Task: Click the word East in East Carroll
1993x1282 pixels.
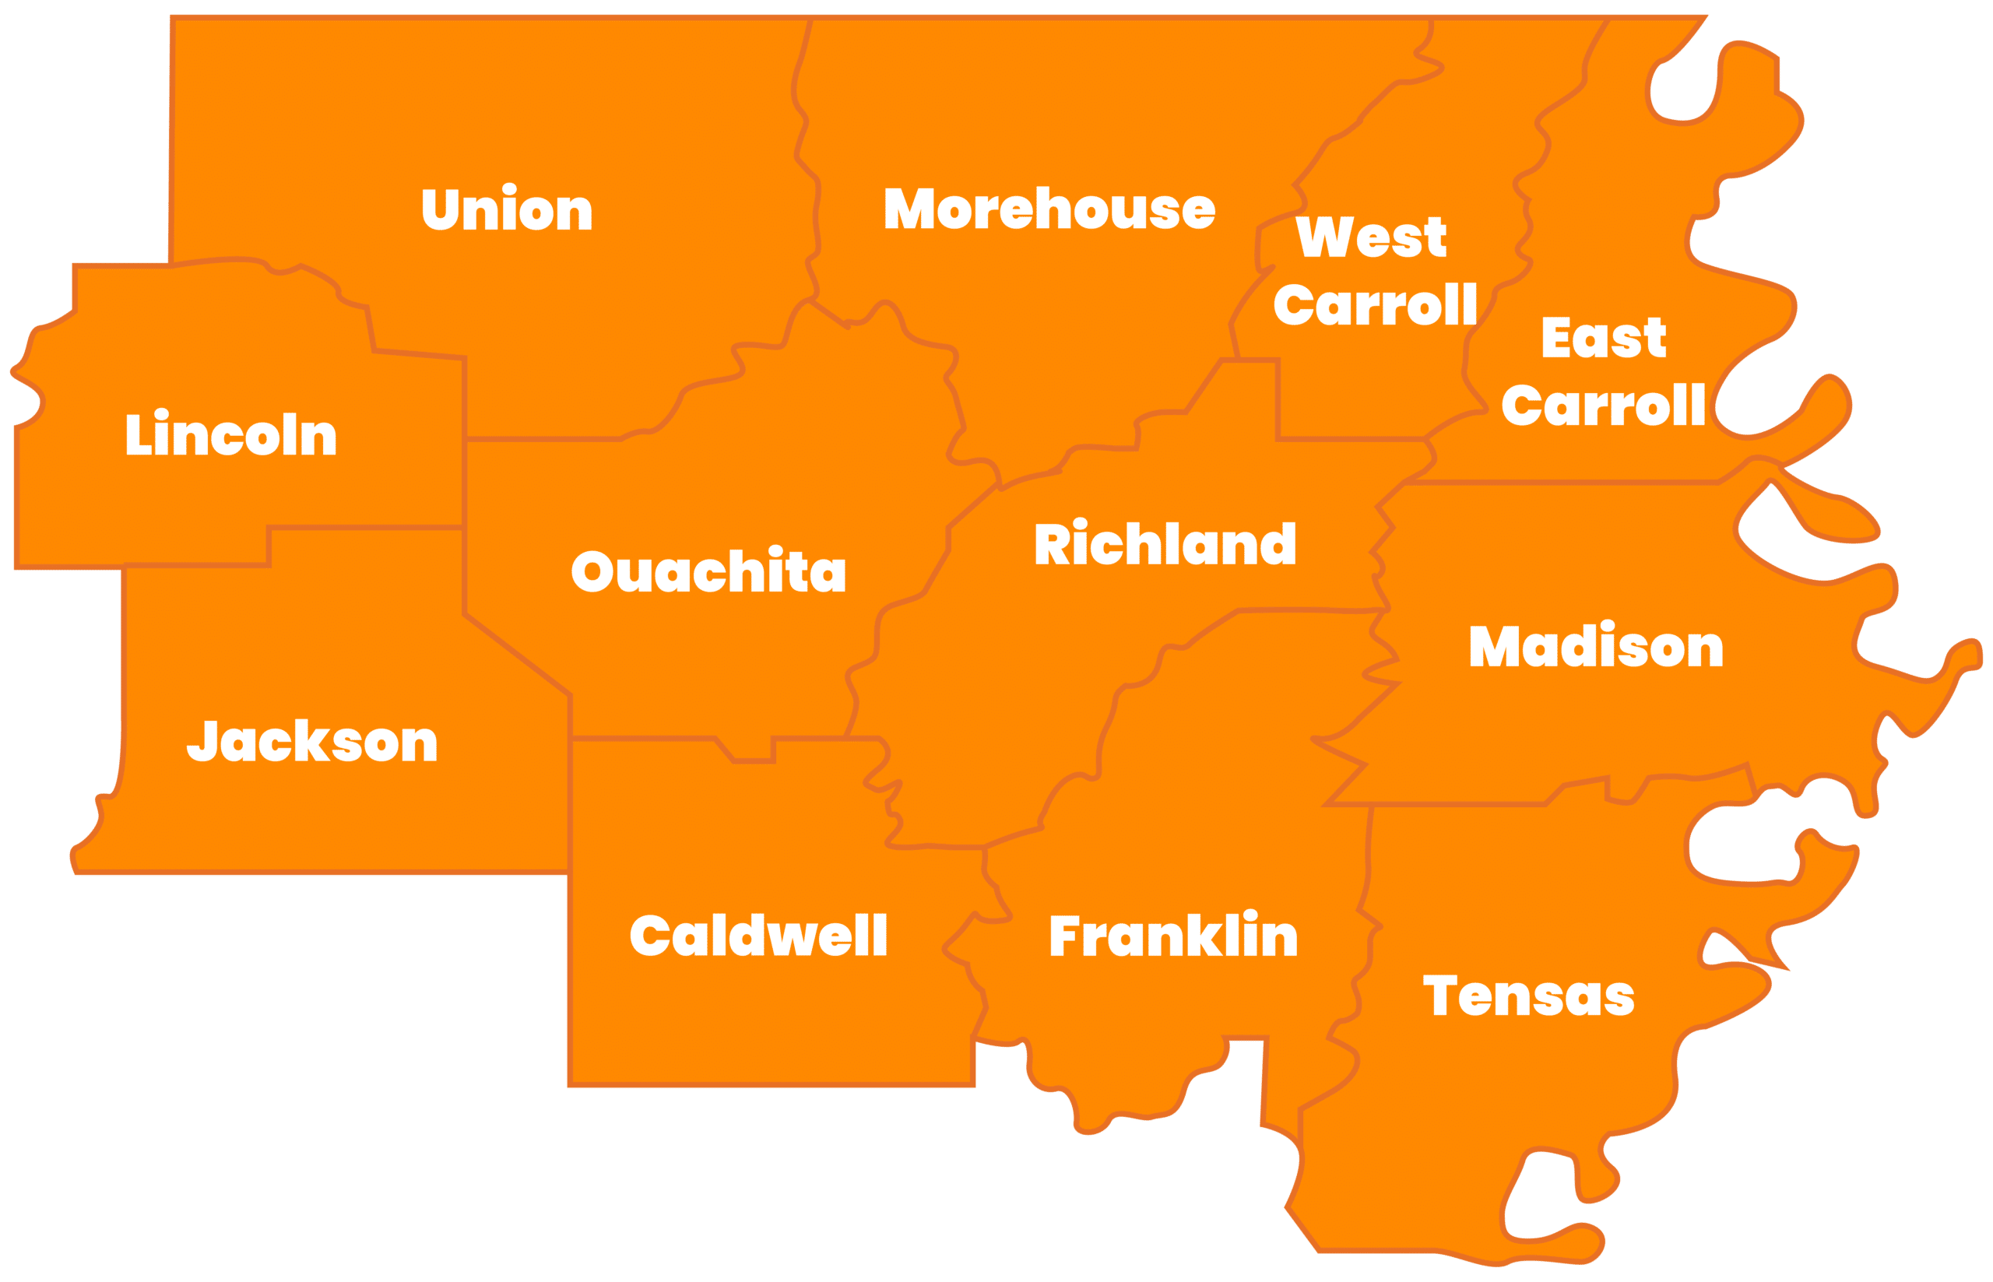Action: point(1604,338)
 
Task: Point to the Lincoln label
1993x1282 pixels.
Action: point(230,434)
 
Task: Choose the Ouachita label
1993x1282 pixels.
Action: point(708,572)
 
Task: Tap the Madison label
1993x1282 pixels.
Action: point(1596,647)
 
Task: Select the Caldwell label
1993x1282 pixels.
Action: point(758,936)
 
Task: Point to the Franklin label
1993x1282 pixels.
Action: point(1173,936)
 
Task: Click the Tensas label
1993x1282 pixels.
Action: point(1528,996)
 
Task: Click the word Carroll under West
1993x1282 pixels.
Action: point(1376,304)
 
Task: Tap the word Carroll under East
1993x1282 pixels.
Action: point(1604,406)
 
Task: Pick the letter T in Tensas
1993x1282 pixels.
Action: point(1439,996)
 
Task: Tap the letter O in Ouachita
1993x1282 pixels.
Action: point(592,572)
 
